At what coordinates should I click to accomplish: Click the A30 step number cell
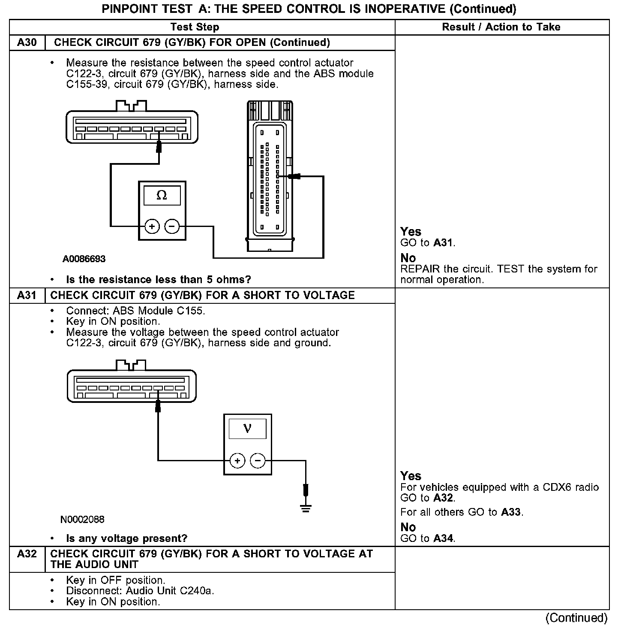coord(27,42)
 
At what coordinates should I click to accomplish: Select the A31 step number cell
coord(27,295)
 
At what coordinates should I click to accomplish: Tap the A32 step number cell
coord(27,554)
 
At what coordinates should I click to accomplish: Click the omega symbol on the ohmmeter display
coord(162,196)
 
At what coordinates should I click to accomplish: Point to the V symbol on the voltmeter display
coord(247,428)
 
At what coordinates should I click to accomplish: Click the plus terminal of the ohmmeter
coord(152,226)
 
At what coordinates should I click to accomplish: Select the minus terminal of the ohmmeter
coord(172,226)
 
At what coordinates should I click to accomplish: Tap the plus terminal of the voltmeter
coord(237,461)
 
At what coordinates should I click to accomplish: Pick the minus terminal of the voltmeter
coord(258,461)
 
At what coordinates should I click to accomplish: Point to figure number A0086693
coord(84,259)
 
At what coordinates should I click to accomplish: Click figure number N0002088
coord(82,519)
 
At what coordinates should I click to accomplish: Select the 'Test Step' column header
coord(195,27)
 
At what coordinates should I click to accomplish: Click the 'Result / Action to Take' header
coord(501,27)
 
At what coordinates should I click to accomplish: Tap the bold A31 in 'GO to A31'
coord(443,242)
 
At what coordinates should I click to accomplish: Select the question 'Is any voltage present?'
coord(126,538)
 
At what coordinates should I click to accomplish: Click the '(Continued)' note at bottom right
coord(576,618)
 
